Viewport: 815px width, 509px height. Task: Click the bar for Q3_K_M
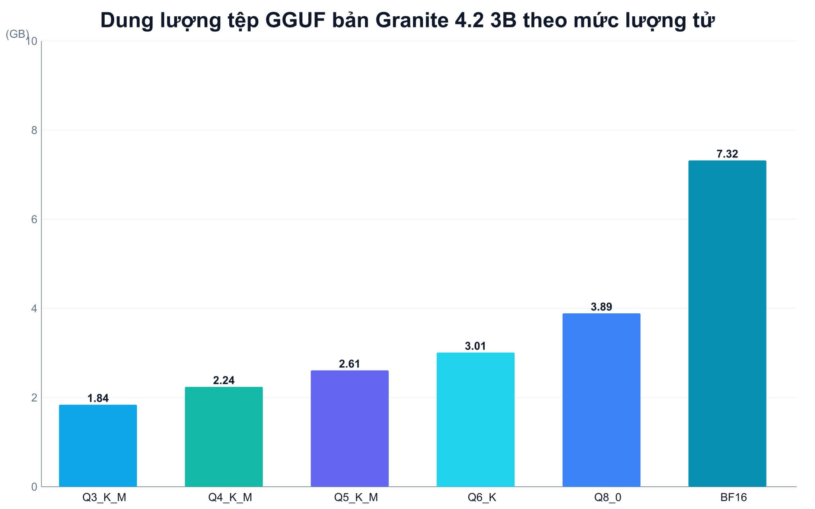click(98, 445)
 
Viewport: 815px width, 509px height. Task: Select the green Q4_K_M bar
click(224, 437)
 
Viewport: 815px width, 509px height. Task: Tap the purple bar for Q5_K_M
click(349, 428)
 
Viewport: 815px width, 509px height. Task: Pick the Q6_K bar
click(476, 420)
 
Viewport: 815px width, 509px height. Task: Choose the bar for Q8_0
click(601, 400)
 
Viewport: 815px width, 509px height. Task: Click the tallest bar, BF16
click(727, 323)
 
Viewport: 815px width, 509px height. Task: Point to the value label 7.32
click(727, 154)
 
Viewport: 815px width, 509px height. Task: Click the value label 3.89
click(601, 307)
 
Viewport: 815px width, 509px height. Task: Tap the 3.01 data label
click(476, 346)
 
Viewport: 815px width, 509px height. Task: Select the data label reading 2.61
click(349, 364)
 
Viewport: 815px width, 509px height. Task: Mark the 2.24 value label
click(224, 380)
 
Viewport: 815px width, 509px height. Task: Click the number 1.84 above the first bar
click(98, 398)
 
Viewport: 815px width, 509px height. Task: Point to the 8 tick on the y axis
click(34, 130)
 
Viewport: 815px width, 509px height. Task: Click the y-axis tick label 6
click(34, 219)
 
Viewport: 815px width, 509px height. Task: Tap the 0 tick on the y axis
click(34, 487)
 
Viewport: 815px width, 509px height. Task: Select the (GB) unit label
click(18, 34)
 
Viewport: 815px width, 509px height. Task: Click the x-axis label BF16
click(733, 497)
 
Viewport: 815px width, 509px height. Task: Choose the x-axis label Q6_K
click(482, 497)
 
